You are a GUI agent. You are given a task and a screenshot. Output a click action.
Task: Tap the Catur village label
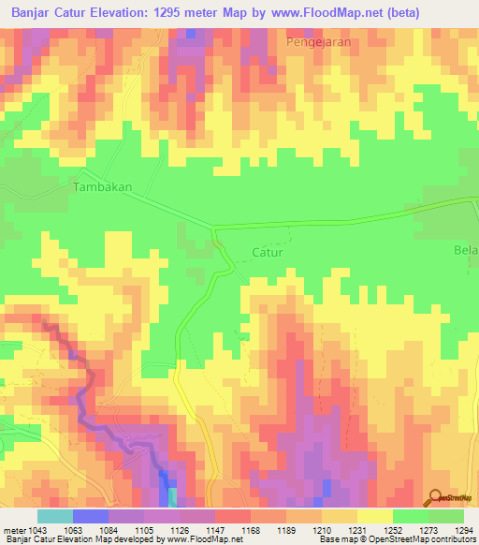click(267, 253)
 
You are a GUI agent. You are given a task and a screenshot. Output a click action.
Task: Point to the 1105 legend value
click(142, 530)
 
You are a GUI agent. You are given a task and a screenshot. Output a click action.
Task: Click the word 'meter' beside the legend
click(11, 530)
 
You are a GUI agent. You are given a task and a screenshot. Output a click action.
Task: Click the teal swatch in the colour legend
click(54, 516)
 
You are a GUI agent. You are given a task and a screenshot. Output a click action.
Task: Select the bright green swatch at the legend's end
click(445, 516)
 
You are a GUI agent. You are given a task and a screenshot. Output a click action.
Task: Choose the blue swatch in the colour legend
click(90, 516)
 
